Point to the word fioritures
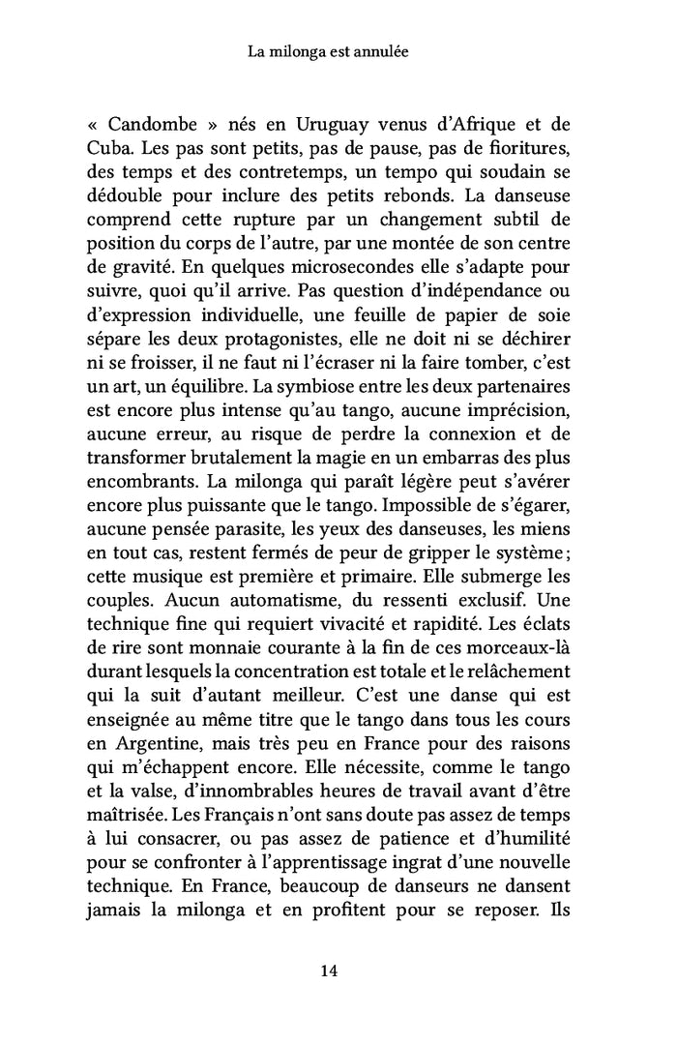pyautogui.click(x=532, y=151)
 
